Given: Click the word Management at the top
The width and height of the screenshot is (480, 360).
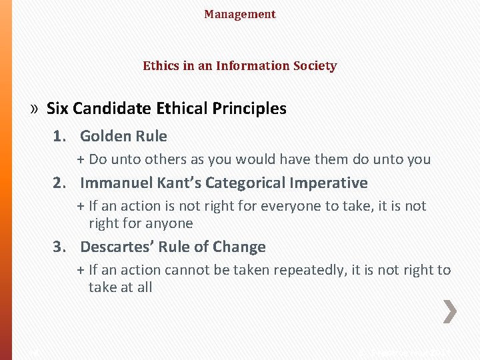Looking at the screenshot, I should pos(240,14).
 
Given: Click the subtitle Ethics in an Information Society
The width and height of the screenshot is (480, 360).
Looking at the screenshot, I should pos(240,66).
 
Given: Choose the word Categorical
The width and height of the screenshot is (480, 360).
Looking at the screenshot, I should pos(245,183).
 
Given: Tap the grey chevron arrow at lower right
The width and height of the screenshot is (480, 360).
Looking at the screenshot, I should pos(451,311).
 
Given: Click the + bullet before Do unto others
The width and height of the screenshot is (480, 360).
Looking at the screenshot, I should pos(81,159).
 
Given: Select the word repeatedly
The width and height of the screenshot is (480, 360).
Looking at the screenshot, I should pos(293,270).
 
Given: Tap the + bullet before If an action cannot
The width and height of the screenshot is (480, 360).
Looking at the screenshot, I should pos(81,270).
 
